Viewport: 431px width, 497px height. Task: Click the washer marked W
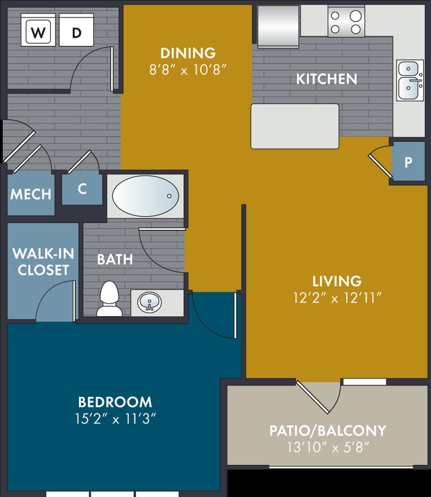coord(38,33)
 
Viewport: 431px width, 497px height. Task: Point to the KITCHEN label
coord(326,79)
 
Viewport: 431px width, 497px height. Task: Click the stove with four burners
coord(346,22)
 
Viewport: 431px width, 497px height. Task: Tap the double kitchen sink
coord(410,79)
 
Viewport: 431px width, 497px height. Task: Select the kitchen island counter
coord(295,126)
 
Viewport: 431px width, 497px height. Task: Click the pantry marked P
coord(408,161)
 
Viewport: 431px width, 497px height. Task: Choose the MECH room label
coord(31,194)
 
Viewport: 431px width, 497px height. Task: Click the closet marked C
coord(82,188)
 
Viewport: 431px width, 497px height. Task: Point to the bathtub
coord(145,196)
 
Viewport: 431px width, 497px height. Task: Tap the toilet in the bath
coord(109,299)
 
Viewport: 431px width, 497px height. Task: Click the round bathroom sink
coord(150,303)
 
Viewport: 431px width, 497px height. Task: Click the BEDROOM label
coord(115,402)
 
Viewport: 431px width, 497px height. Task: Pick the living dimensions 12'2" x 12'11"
coord(337,298)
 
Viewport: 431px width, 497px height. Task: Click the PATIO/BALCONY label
coord(327,430)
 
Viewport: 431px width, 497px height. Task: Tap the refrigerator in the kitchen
coord(278,25)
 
